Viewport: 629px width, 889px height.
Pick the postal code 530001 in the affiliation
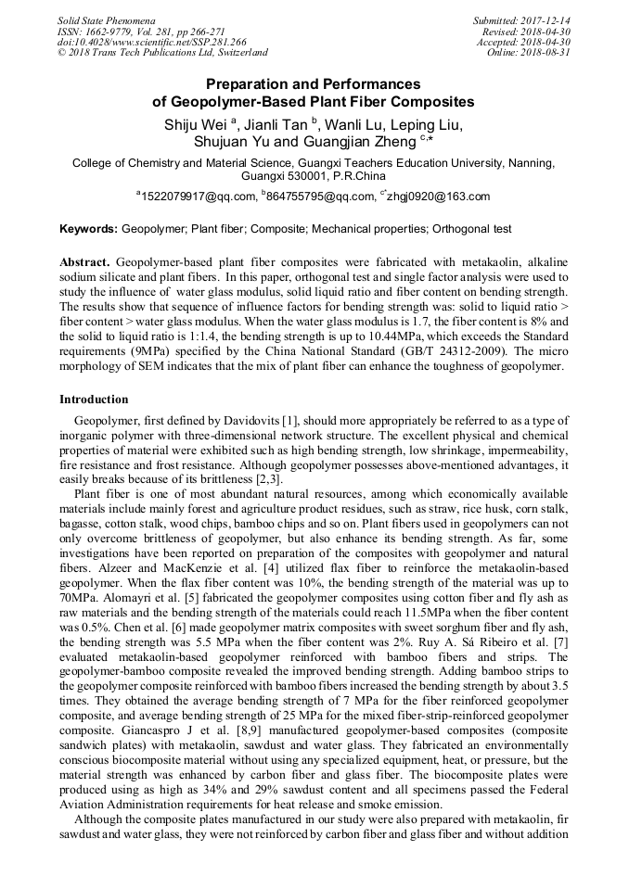click(x=301, y=174)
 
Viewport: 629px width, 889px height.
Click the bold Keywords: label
click(x=88, y=228)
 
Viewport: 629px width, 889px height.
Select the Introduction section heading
click(x=94, y=400)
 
